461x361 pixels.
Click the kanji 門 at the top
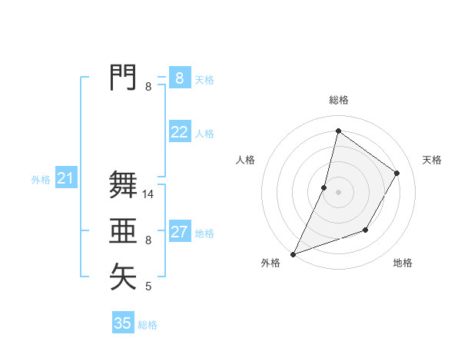coord(123,78)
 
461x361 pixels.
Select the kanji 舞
coord(123,185)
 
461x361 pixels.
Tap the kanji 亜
coord(123,231)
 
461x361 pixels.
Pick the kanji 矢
coord(123,277)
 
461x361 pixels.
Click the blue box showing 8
coord(179,78)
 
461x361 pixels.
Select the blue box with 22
coord(179,132)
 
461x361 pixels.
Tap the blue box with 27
coord(179,232)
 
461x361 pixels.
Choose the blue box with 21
coord(65,179)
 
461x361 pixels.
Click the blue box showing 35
coord(123,323)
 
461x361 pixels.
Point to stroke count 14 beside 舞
coord(149,195)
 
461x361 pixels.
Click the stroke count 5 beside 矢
coord(148,287)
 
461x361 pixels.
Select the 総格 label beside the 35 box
coord(148,325)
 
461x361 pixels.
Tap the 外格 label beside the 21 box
coord(41,180)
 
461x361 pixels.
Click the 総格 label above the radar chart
coord(339,100)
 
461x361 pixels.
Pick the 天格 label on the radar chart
coord(433,160)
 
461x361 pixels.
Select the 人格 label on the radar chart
coord(245,160)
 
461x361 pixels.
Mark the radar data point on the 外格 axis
coord(293,254)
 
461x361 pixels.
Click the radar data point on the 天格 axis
coord(397,173)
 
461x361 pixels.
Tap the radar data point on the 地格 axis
coord(366,230)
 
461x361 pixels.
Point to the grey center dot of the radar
coord(339,192)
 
